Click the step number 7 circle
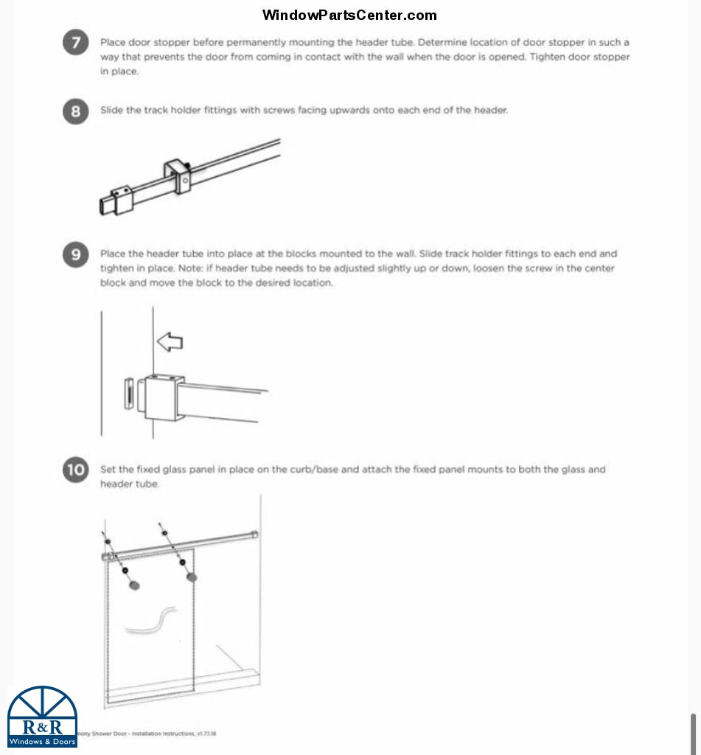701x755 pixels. pyautogui.click(x=76, y=44)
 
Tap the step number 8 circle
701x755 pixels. pyautogui.click(x=76, y=112)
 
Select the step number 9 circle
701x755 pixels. pyautogui.click(x=76, y=256)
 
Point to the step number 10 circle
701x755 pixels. pyautogui.click(x=76, y=470)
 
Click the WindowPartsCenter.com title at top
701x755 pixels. pyautogui.click(x=349, y=15)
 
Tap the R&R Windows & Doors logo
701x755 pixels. pyautogui.click(x=42, y=717)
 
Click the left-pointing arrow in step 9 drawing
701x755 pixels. pyautogui.click(x=170, y=341)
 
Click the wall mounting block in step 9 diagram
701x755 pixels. pyautogui.click(x=161, y=397)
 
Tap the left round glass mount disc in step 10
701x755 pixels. pyautogui.click(x=134, y=585)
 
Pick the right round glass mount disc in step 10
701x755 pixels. pyautogui.click(x=192, y=576)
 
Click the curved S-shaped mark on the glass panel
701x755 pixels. pyautogui.click(x=151, y=621)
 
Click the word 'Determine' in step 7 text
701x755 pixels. pyautogui.click(x=441, y=43)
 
